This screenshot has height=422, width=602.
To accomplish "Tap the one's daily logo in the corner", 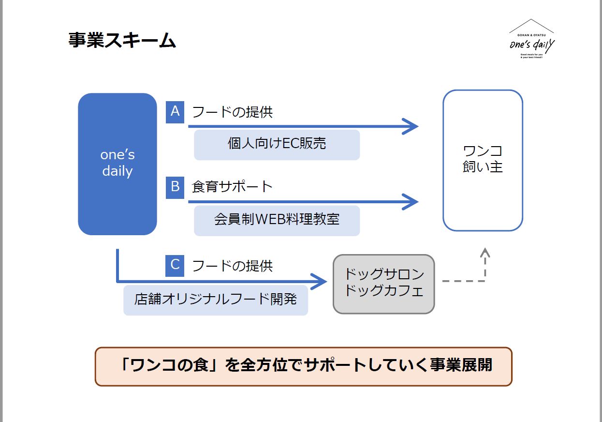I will [x=531, y=41].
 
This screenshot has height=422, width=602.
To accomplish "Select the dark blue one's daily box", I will [x=117, y=164].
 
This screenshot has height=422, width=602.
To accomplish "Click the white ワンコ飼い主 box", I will [x=483, y=160].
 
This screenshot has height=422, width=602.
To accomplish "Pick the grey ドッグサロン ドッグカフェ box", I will [x=384, y=284].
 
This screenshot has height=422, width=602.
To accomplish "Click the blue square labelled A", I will [x=175, y=112].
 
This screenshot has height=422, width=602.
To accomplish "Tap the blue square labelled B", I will [x=175, y=187].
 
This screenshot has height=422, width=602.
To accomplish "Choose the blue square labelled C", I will [x=175, y=265].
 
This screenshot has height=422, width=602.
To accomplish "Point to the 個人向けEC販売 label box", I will [x=277, y=144].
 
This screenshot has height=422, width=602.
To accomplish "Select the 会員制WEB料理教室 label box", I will [x=277, y=220].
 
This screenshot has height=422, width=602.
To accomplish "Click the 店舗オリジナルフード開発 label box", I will [x=216, y=300].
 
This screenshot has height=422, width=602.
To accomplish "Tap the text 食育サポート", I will [x=233, y=187].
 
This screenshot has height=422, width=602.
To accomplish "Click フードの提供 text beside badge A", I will [x=233, y=112].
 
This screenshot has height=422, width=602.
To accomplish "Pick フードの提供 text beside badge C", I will [x=233, y=266].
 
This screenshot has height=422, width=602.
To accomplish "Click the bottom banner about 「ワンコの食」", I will [x=303, y=366].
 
